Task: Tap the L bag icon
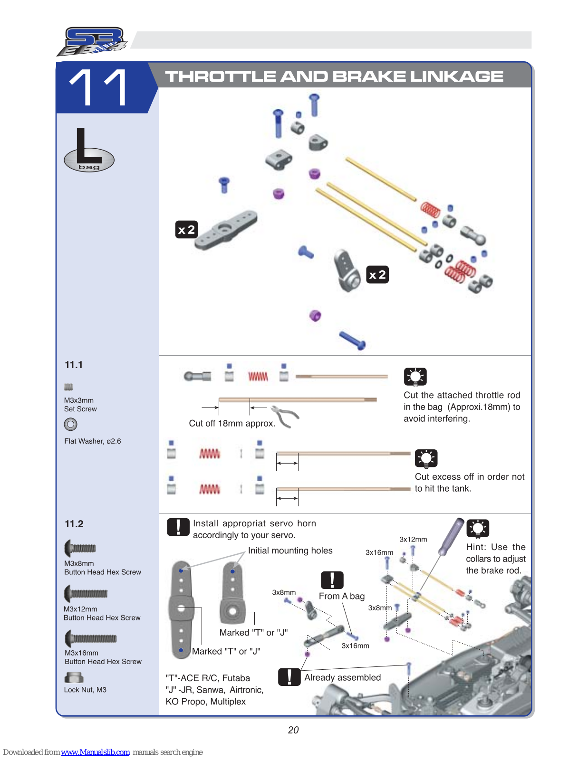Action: click(x=89, y=151)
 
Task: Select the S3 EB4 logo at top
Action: click(x=93, y=41)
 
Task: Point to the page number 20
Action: click(x=293, y=730)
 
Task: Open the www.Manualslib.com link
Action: click(x=95, y=752)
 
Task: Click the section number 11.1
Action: click(x=74, y=365)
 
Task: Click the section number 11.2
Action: click(x=74, y=524)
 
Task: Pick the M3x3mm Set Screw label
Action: click(x=80, y=405)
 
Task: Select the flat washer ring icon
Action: click(x=70, y=424)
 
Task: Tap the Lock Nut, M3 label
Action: click(x=85, y=690)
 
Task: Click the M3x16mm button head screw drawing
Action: click(x=91, y=638)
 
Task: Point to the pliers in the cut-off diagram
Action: click(x=285, y=416)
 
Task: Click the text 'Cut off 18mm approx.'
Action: click(x=232, y=423)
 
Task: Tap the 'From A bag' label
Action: click(x=342, y=596)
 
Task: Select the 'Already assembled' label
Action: click(x=342, y=677)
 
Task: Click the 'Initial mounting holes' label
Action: click(x=290, y=551)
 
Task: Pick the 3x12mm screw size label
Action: click(x=413, y=539)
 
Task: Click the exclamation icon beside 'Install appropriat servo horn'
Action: click(x=178, y=527)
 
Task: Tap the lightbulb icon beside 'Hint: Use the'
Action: click(x=478, y=528)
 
